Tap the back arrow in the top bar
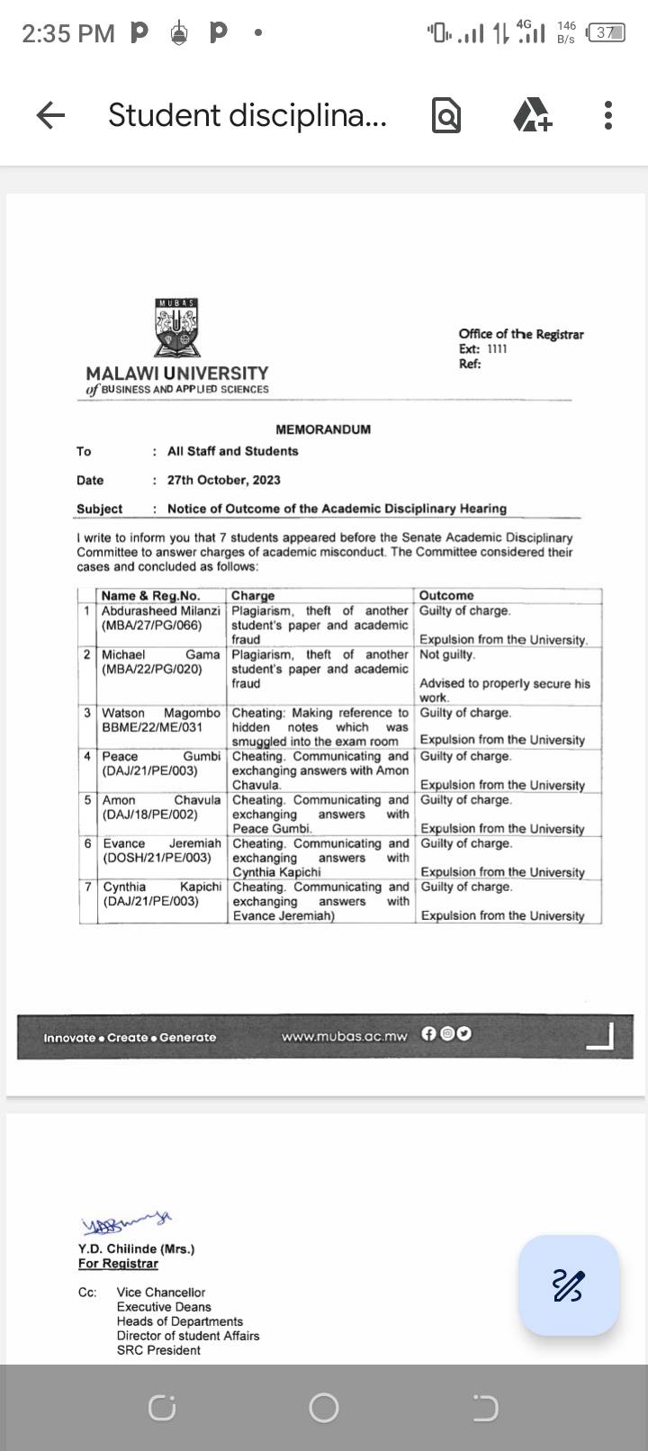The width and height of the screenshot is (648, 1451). (x=50, y=115)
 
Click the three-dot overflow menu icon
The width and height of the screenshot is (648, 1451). (x=608, y=115)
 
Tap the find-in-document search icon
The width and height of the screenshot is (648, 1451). (x=446, y=115)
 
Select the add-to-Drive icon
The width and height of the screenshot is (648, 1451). (x=532, y=115)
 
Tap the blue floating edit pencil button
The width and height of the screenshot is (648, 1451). (x=569, y=1284)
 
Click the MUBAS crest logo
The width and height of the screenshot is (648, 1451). (x=177, y=329)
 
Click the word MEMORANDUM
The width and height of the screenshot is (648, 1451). (x=323, y=429)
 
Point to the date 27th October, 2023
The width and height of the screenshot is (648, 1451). (x=224, y=480)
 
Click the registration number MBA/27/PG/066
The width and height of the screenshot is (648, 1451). (x=151, y=625)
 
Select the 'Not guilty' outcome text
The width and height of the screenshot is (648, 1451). (x=447, y=654)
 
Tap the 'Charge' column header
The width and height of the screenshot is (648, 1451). (x=253, y=595)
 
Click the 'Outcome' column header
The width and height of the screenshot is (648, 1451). (x=446, y=595)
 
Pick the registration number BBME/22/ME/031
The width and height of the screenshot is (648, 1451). (x=152, y=726)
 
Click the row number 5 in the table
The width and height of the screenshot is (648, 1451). (x=88, y=799)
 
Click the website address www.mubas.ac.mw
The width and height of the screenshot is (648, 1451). (x=344, y=1036)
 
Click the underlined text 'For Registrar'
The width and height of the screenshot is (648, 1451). (x=118, y=1263)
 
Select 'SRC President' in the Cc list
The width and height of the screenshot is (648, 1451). (x=158, y=1349)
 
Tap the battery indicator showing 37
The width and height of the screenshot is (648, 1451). (x=605, y=33)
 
